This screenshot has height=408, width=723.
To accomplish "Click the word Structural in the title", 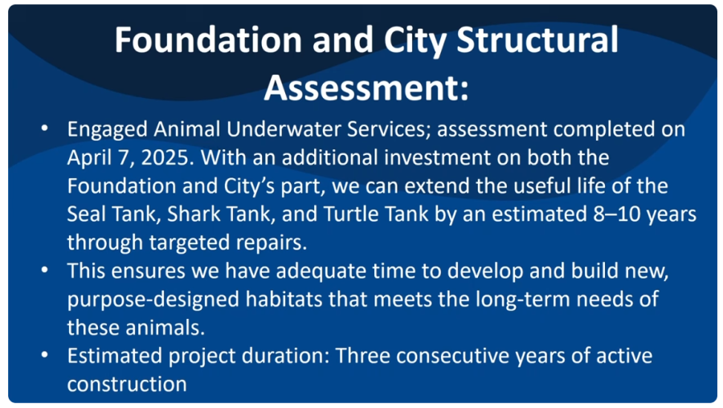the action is [x=537, y=39].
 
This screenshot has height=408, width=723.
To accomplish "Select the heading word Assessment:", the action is [x=366, y=88].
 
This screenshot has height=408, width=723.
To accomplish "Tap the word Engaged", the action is [x=108, y=130].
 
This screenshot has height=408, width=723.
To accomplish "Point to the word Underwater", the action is [x=284, y=129].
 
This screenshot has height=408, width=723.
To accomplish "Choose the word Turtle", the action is [x=349, y=214].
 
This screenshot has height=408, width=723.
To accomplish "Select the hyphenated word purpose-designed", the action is [x=153, y=300].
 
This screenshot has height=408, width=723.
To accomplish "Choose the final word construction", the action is [x=127, y=385].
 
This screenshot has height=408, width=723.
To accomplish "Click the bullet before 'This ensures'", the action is [x=45, y=270].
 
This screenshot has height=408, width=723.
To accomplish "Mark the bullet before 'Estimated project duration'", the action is [x=45, y=355].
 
